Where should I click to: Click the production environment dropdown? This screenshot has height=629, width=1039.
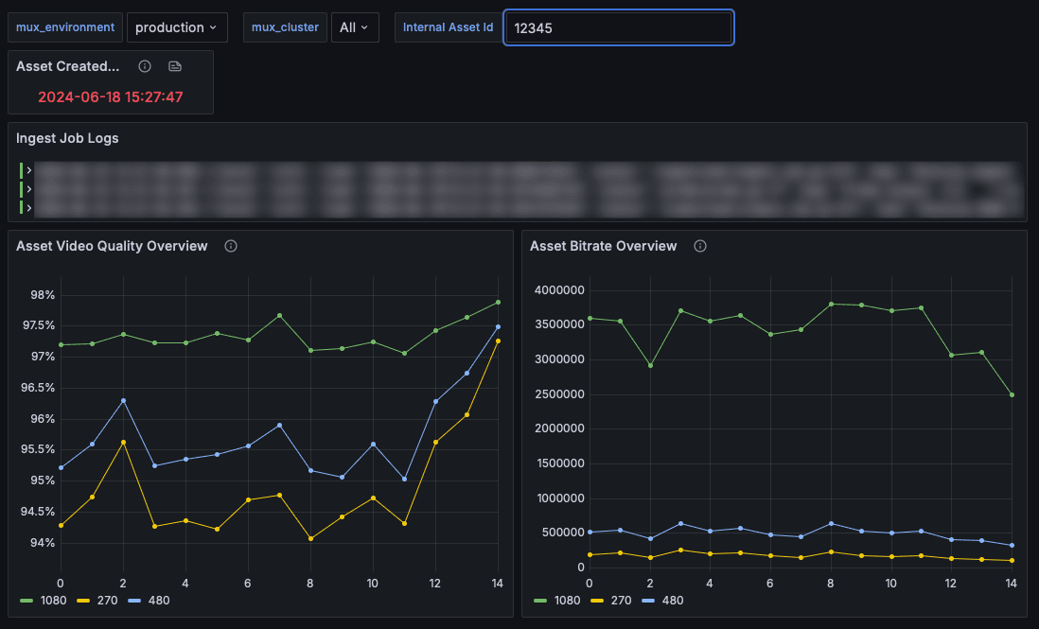[176, 27]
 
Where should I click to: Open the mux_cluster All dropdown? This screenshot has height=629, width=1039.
[355, 27]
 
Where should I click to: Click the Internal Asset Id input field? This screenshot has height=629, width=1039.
[619, 28]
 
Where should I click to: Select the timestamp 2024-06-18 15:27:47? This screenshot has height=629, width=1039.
[111, 96]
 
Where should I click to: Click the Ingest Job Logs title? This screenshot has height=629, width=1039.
[67, 138]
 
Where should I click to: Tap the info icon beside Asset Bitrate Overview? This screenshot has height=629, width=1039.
[700, 246]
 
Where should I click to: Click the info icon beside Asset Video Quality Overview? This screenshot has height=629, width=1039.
[231, 246]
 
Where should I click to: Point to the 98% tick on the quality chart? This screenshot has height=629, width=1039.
[43, 295]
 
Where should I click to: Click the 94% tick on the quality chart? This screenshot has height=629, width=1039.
[43, 543]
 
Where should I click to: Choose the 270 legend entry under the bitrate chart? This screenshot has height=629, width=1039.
[618, 600]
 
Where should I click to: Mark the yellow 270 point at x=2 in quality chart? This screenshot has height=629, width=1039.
[123, 442]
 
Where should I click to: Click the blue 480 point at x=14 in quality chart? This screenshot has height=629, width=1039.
[498, 326]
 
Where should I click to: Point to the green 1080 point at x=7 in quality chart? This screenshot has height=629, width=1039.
[279, 315]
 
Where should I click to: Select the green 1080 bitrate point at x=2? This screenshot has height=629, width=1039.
[650, 365]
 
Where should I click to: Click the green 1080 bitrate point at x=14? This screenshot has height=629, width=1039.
[1012, 394]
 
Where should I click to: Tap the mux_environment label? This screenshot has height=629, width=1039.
[65, 27]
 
